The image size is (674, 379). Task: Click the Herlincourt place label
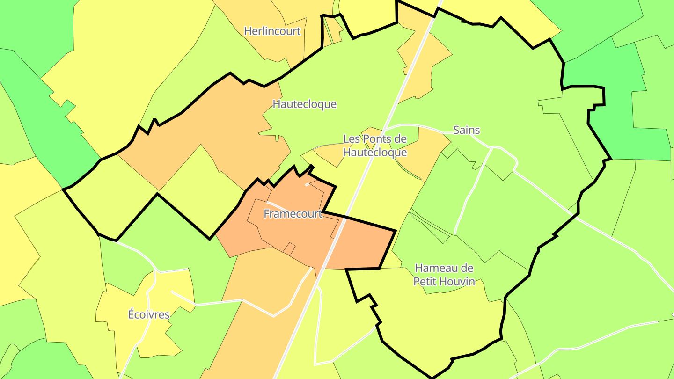(x=272, y=31)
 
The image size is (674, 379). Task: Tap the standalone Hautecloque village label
(x=304, y=104)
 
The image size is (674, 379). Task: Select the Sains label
(x=467, y=130)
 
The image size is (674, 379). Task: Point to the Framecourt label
(x=293, y=214)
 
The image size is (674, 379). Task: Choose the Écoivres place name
(x=149, y=314)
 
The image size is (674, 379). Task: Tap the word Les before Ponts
(x=352, y=139)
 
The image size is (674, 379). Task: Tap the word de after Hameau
(x=466, y=269)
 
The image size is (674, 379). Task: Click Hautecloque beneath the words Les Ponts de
(x=375, y=152)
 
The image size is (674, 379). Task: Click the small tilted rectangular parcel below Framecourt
(x=289, y=249)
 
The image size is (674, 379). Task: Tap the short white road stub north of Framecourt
(x=307, y=184)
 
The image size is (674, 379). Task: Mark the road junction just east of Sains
(x=492, y=147)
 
